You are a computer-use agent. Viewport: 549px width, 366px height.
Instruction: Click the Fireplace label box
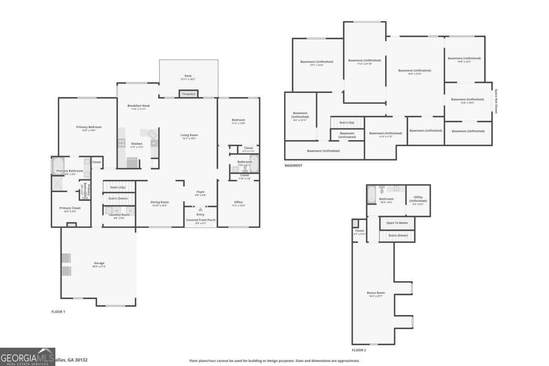click(188, 94)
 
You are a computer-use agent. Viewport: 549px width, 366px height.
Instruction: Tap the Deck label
click(188, 76)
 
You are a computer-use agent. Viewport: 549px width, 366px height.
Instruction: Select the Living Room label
click(189, 135)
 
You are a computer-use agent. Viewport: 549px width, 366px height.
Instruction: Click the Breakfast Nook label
click(138, 106)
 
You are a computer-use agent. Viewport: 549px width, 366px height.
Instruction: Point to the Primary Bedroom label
click(89, 127)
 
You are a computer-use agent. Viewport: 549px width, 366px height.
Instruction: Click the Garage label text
click(99, 263)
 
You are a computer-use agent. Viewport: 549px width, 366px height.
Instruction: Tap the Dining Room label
click(160, 202)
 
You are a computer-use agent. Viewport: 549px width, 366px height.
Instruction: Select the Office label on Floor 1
click(238, 202)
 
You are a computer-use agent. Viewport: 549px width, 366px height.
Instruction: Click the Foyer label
click(201, 192)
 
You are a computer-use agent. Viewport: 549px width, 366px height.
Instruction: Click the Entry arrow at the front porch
click(200, 210)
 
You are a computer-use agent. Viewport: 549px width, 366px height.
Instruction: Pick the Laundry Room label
click(118, 215)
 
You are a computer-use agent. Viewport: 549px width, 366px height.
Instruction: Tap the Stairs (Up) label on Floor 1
click(118, 187)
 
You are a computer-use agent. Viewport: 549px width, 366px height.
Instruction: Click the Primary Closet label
click(71, 208)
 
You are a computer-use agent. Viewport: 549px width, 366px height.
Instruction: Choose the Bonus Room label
click(376, 293)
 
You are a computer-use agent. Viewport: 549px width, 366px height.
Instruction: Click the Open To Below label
click(397, 223)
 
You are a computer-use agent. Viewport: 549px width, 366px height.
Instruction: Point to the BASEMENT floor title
click(293, 165)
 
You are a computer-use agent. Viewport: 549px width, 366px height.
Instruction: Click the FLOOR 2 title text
click(359, 350)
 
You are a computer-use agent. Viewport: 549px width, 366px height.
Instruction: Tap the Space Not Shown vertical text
click(496, 101)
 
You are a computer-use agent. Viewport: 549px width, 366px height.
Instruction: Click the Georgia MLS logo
click(27, 356)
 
